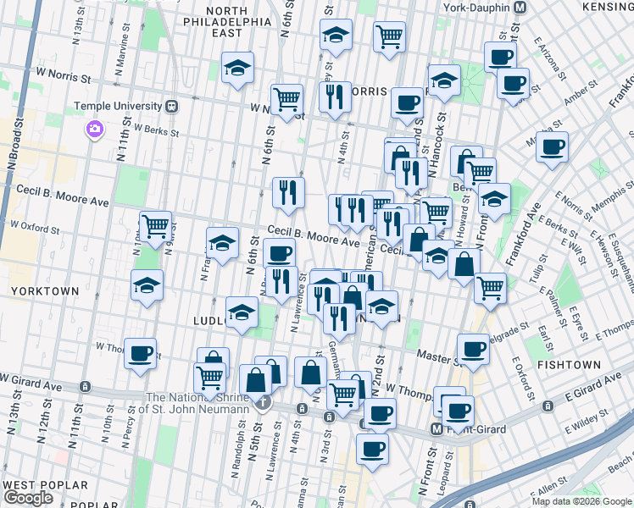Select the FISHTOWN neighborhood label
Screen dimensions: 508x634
[569, 364]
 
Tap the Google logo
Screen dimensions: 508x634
[28, 498]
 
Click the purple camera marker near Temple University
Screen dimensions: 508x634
[93, 130]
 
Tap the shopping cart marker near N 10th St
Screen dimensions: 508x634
[155, 226]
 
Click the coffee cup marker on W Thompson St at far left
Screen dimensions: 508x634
[141, 352]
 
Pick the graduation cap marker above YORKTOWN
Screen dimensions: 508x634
[147, 285]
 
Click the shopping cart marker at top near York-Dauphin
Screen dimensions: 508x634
[389, 36]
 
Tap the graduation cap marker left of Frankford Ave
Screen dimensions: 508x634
[494, 199]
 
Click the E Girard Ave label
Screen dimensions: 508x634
[589, 395]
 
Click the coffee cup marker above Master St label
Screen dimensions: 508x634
[473, 347]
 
